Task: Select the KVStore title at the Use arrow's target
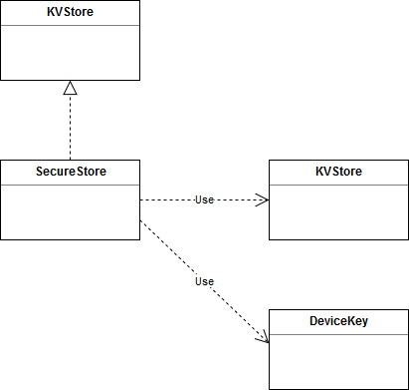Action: point(338,172)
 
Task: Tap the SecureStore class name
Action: point(70,172)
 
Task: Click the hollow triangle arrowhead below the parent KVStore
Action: point(70,88)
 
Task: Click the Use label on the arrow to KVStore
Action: point(204,199)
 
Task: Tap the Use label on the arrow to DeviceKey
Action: point(204,282)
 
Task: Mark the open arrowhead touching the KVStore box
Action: point(263,199)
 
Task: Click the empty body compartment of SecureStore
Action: point(70,211)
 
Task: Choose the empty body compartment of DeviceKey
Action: point(338,361)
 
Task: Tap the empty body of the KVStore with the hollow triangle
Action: point(70,52)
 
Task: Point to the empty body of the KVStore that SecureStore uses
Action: point(338,211)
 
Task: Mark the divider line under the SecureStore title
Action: point(70,185)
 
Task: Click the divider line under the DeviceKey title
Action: point(338,334)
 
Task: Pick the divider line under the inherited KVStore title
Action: point(70,25)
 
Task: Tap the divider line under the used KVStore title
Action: point(338,185)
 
